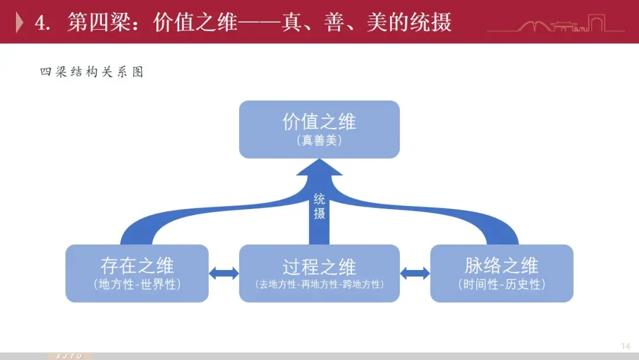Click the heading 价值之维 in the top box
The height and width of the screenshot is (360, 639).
(x=319, y=123)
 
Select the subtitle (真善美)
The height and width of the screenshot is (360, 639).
(x=319, y=142)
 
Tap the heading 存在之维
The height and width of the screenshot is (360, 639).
(x=137, y=266)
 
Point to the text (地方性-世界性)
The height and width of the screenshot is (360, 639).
(x=137, y=285)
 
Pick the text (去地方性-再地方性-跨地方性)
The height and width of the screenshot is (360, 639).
(x=319, y=285)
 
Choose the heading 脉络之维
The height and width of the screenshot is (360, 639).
(x=501, y=266)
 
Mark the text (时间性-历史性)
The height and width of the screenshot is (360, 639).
(x=501, y=285)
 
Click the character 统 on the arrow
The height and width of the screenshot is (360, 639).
(x=319, y=199)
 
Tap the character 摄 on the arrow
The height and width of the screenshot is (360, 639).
(x=319, y=213)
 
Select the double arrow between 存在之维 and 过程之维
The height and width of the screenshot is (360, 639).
(x=224, y=273)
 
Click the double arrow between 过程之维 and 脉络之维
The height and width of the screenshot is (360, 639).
(x=415, y=273)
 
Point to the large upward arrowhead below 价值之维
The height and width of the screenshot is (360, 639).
(x=319, y=169)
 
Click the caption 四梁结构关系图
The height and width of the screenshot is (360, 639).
(x=92, y=72)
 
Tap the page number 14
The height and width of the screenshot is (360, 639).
(x=625, y=346)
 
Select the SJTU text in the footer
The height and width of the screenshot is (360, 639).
(x=69, y=356)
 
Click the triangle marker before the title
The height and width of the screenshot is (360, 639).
(x=20, y=22)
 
